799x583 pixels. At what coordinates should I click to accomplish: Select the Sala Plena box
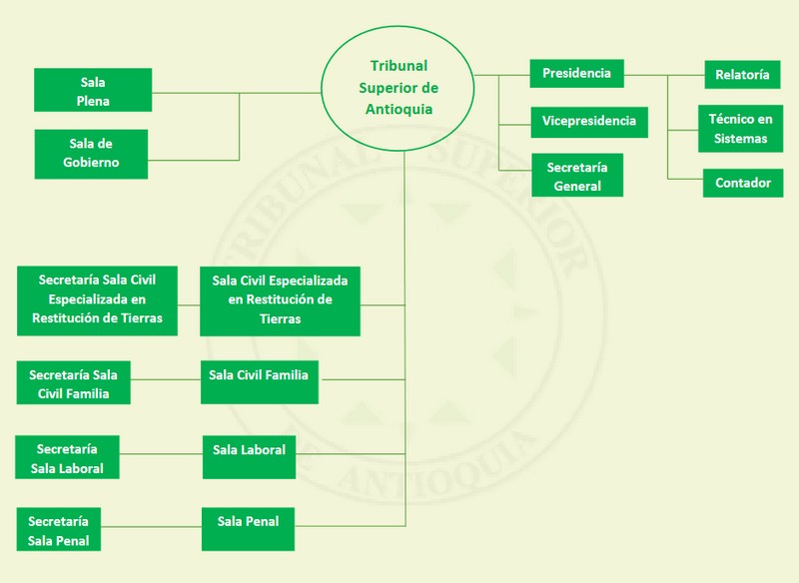point(93,90)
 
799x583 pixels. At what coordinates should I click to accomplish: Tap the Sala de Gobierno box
point(93,154)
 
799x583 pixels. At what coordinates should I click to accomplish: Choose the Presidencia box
point(577,74)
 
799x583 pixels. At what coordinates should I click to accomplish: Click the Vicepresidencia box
point(588,121)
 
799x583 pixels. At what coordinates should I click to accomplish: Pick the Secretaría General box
point(577,176)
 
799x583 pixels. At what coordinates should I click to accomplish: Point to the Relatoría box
point(742,75)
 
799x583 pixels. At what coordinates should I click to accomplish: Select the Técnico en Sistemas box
point(740,129)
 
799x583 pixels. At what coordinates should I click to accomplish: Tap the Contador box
point(742,183)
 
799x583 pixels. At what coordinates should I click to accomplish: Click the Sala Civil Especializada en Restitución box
point(280,299)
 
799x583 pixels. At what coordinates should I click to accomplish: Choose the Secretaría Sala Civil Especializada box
point(98,299)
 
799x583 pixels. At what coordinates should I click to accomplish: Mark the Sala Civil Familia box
point(259,381)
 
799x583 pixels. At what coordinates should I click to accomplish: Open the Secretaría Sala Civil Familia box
point(74,384)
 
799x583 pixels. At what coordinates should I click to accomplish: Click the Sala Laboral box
point(249,457)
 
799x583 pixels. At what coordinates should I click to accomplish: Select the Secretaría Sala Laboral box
point(67,458)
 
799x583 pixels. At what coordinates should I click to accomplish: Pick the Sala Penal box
point(248,529)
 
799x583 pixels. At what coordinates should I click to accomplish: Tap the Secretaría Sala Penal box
point(59,530)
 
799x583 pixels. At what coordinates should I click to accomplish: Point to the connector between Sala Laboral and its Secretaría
point(160,455)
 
